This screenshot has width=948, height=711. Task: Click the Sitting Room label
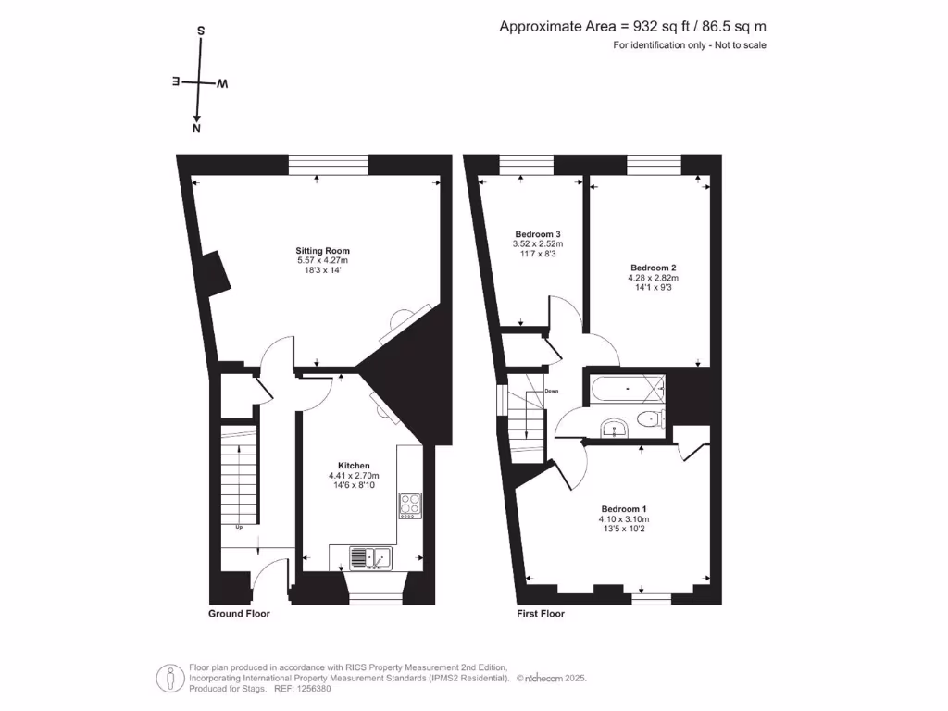click(x=322, y=251)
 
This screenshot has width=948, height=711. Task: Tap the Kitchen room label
click(x=354, y=466)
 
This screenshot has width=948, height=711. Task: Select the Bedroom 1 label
click(x=624, y=509)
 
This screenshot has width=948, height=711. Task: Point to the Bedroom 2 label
click(x=654, y=268)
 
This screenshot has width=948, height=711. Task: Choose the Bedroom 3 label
click(x=537, y=234)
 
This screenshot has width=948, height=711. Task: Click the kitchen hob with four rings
click(x=410, y=505)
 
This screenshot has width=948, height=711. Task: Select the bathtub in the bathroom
click(x=624, y=388)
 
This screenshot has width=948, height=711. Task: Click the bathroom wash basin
click(x=614, y=428)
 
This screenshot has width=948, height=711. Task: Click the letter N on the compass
click(x=196, y=130)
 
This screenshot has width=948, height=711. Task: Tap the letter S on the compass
click(x=200, y=30)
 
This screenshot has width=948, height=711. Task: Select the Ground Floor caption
click(x=239, y=614)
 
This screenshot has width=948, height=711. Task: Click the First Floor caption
click(x=540, y=614)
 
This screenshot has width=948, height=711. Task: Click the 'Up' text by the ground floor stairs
click(x=239, y=528)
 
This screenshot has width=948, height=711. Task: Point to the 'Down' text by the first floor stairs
click(x=552, y=391)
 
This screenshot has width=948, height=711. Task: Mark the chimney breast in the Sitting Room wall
click(x=216, y=274)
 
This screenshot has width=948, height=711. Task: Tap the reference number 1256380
click(x=308, y=688)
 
